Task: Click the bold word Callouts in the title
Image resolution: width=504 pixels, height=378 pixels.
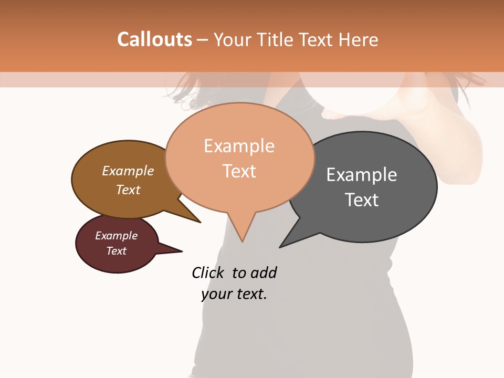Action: coord(154,39)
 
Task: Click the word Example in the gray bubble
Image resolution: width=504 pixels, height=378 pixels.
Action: coord(362,175)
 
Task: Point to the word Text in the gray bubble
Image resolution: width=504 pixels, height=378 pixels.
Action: coord(362,199)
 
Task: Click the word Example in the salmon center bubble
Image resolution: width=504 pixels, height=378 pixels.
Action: coord(239,146)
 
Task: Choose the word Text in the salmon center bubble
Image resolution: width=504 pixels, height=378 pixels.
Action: coord(239,171)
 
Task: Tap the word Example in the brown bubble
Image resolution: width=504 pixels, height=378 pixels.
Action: coord(128,171)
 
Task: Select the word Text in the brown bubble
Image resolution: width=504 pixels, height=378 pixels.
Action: coord(128,190)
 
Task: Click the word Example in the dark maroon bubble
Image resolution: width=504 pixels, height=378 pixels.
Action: coord(117,236)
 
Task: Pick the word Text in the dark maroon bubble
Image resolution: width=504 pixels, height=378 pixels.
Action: coord(117,251)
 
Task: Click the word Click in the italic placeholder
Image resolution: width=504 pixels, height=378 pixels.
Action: coord(209,272)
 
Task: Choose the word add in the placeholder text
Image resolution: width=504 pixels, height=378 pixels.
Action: coord(263,272)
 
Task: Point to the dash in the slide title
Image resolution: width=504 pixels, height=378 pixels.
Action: coord(202,39)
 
